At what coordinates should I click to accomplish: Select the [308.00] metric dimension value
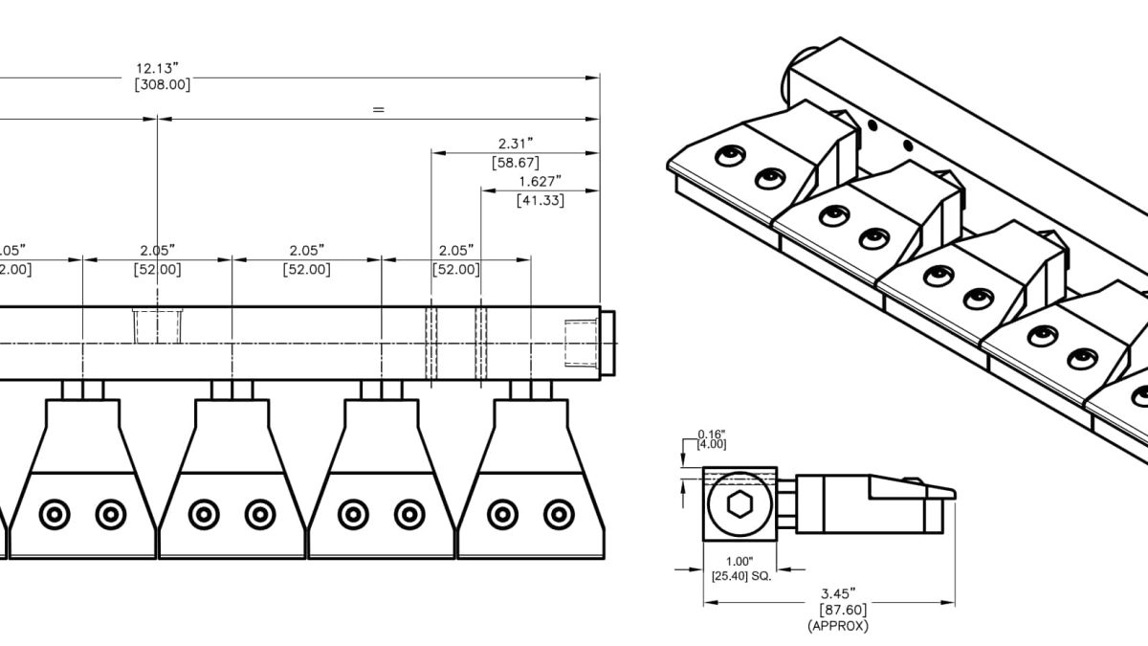(x=163, y=84)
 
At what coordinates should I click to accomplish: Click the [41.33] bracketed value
(x=540, y=200)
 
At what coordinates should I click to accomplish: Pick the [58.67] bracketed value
(x=515, y=163)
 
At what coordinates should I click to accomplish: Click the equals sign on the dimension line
(x=379, y=110)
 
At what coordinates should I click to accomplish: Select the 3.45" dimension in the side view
(x=839, y=593)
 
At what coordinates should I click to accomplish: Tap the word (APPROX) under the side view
(x=839, y=626)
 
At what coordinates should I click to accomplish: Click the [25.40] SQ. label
(x=741, y=575)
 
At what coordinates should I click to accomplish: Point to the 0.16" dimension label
(x=712, y=434)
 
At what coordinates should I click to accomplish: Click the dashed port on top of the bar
(x=158, y=325)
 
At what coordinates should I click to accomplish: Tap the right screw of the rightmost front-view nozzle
(x=558, y=515)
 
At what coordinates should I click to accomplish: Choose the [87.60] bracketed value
(x=839, y=610)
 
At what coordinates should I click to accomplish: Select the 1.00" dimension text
(x=740, y=562)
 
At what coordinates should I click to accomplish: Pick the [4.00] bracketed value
(x=712, y=444)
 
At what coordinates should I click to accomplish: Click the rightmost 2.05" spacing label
(x=456, y=250)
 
